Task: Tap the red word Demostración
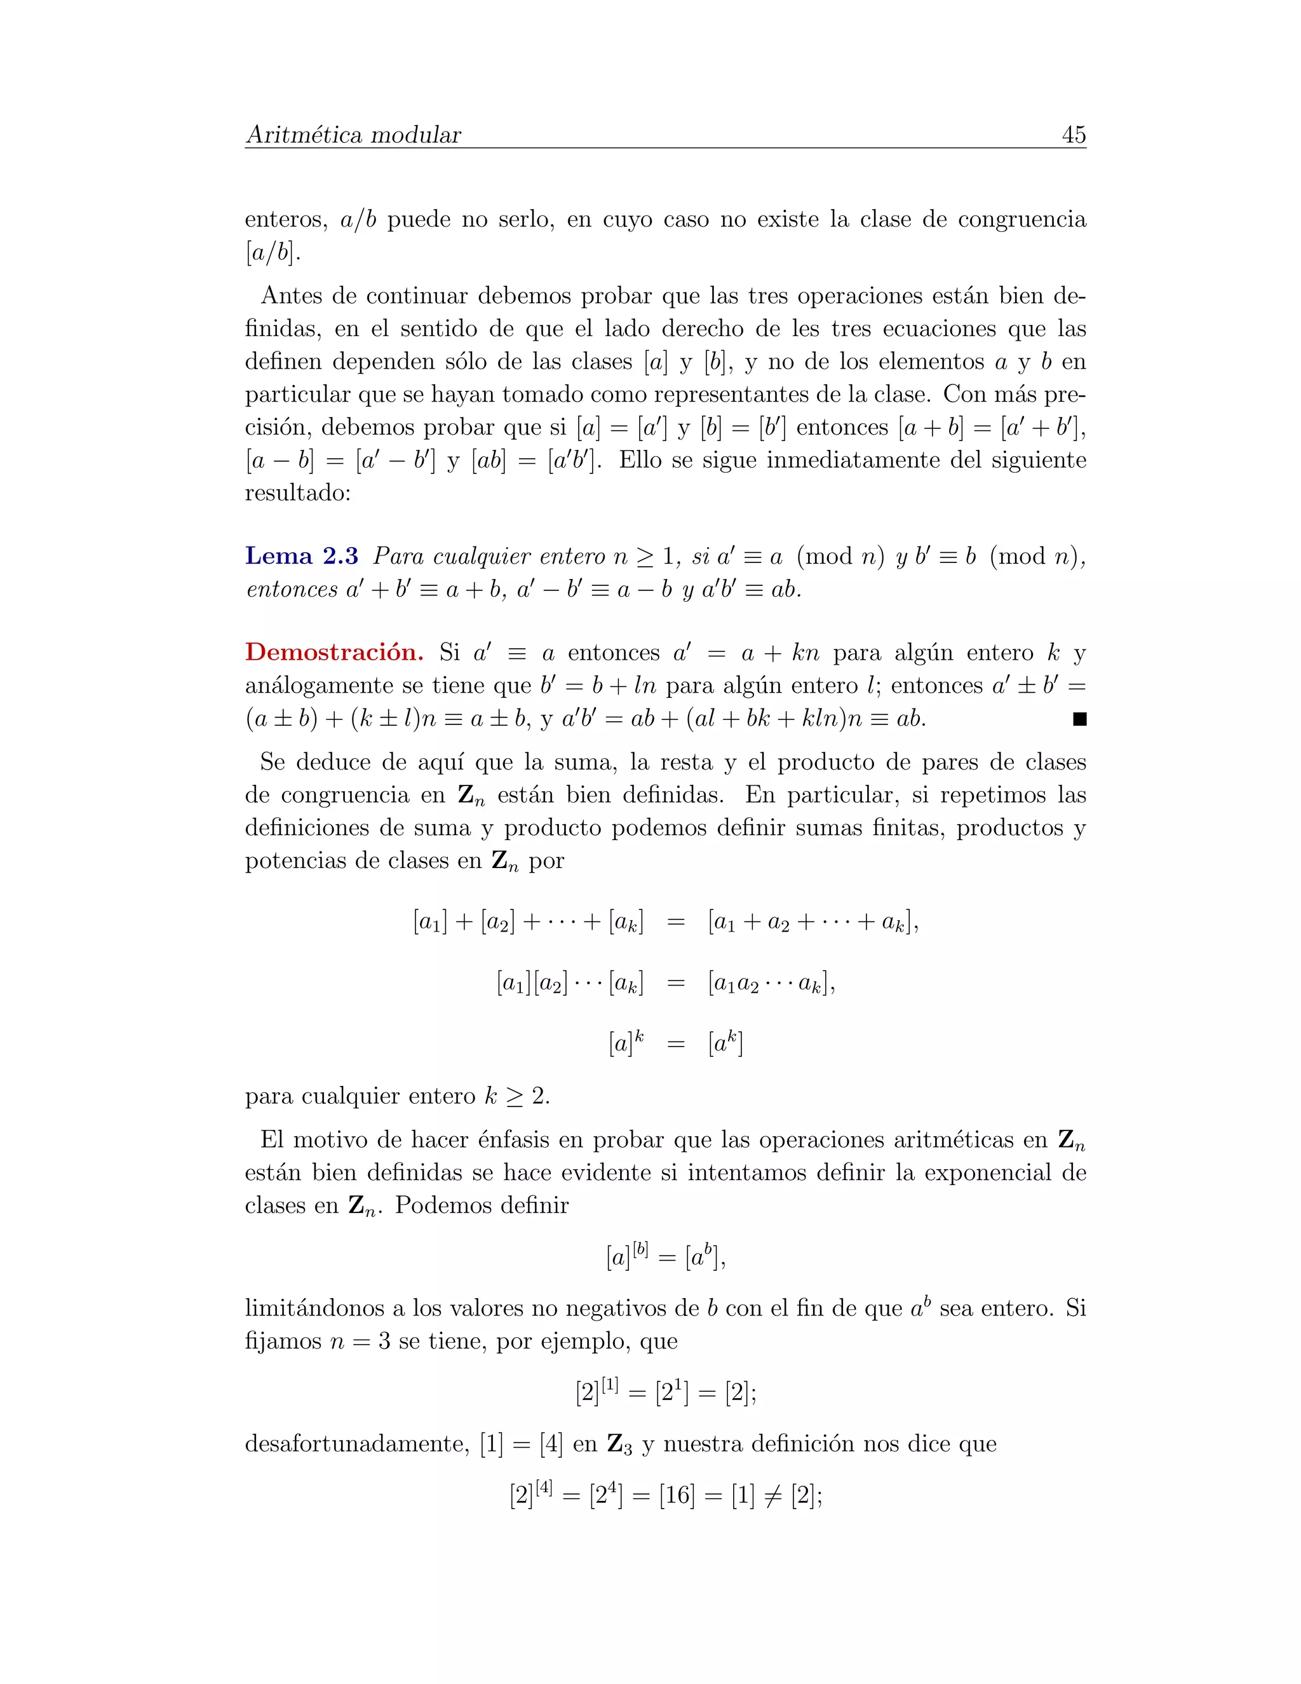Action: (x=334, y=653)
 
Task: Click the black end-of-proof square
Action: (x=1079, y=719)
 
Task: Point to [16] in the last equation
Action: (x=677, y=1497)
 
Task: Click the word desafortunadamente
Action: (x=357, y=1443)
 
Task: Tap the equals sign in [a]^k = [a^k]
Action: (x=675, y=1045)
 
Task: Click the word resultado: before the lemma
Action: (x=297, y=492)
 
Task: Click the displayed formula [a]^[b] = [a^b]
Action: (x=666, y=1257)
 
